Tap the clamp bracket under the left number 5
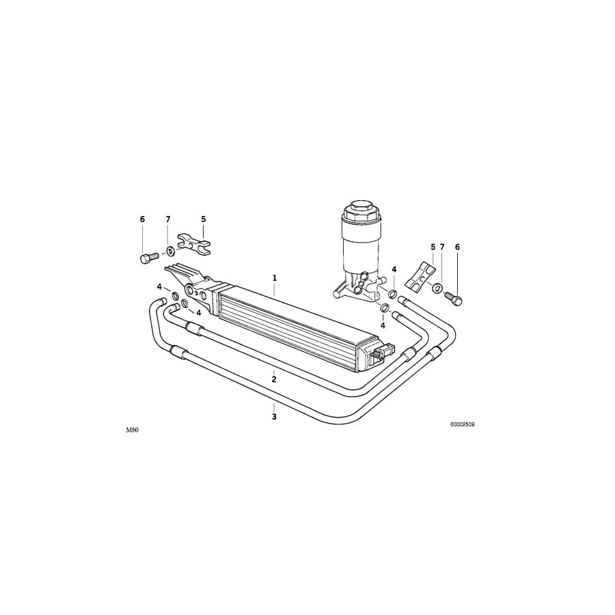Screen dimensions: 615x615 tap(194, 243)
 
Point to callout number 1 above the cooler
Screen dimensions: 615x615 tap(275, 278)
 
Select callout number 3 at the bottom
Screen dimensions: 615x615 tap(274, 416)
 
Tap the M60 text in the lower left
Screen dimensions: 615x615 tap(132, 431)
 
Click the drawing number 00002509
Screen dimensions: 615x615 tap(462, 424)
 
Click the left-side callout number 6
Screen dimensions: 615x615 tap(143, 219)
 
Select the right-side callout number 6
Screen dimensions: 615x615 tap(458, 247)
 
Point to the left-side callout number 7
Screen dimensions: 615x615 tap(168, 219)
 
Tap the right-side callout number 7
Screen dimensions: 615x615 tap(442, 247)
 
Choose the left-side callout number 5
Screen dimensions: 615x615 tap(203, 219)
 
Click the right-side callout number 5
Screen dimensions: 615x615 tap(433, 247)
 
